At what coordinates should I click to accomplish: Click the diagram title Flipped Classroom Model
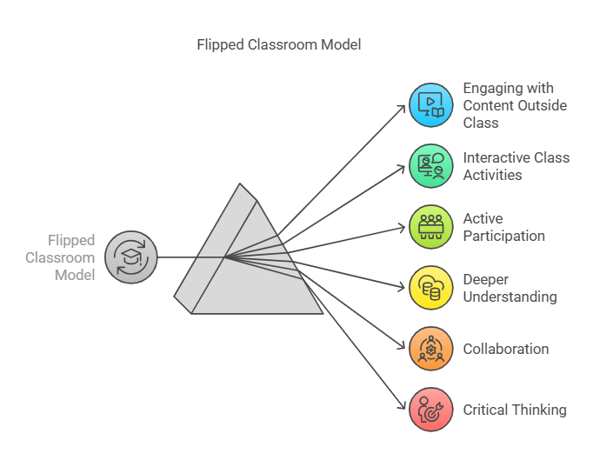279,44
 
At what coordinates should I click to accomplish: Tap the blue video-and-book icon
430,105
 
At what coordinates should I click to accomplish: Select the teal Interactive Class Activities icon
430,166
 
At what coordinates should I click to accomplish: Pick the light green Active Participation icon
430,227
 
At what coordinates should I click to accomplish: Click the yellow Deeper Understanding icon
430,288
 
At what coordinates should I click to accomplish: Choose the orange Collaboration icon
430,349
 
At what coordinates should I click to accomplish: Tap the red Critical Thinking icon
430,410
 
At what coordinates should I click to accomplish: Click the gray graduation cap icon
130,257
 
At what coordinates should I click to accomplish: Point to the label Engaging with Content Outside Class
515,105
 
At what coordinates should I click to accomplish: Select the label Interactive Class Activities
516,166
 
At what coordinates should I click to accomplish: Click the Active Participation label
503,227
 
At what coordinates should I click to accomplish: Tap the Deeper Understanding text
510,288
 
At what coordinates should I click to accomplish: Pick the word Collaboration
506,349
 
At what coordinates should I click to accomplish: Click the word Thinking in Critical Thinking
539,410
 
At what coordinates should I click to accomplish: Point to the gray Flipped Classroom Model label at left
61,257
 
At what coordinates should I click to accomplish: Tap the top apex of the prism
240,183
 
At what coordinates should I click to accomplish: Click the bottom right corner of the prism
323,313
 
